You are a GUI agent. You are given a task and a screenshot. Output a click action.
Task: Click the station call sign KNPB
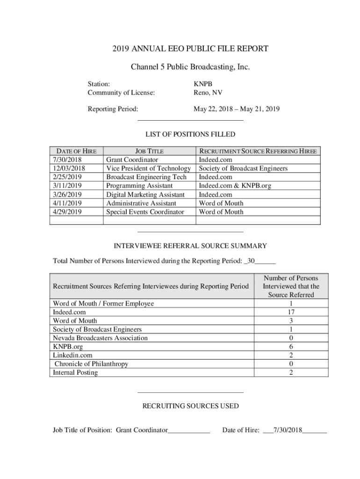202,84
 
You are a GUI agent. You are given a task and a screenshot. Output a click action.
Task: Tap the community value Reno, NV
208,93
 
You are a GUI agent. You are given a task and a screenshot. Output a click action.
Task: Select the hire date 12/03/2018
69,168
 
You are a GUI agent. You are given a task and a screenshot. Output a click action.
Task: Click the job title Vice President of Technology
149,168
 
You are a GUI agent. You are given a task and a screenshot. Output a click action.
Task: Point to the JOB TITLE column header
149,151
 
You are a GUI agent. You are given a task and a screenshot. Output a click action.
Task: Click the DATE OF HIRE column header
76,151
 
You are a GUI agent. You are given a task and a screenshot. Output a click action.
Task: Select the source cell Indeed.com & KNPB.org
235,186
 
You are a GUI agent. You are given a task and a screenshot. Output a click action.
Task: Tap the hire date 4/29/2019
68,212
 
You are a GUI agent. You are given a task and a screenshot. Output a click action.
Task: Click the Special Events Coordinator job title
145,212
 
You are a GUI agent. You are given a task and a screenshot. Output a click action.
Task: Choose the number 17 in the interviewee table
291,312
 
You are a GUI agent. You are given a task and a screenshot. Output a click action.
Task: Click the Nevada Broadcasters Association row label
100,338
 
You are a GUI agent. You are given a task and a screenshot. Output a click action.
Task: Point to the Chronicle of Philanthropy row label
91,364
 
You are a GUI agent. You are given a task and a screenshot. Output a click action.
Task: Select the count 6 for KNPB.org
291,347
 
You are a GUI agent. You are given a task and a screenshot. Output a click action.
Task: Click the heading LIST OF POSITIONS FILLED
190,135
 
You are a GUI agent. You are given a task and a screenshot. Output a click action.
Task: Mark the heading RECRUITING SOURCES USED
190,406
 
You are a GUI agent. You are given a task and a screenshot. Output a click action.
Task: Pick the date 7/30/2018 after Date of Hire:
288,430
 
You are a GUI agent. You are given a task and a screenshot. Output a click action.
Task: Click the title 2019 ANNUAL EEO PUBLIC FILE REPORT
190,49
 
